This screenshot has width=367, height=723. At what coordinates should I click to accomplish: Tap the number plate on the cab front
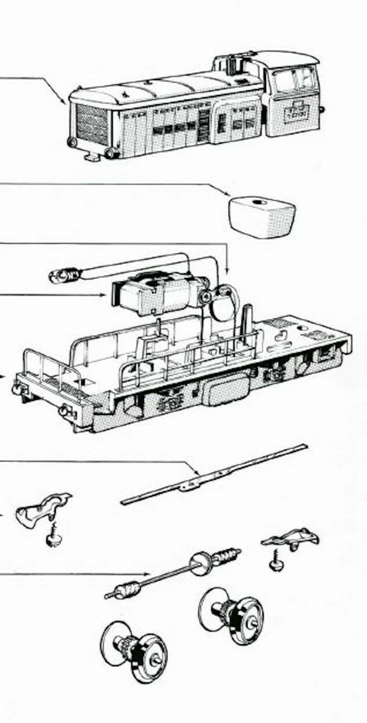[295, 110]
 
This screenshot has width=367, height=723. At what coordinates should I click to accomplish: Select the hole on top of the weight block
[258, 202]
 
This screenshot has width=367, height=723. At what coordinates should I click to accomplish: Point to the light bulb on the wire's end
[60, 276]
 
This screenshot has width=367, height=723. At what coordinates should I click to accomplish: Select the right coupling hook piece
[291, 538]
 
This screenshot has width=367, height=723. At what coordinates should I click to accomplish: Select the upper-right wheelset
[231, 614]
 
